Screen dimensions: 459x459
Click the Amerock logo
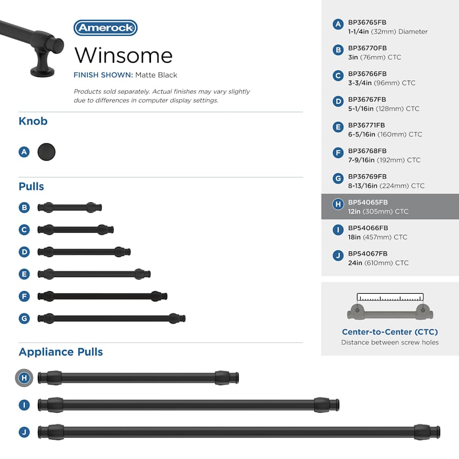pos(105,28)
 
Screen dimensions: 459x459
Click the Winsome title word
pos(123,55)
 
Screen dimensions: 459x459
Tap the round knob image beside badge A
pos(46,151)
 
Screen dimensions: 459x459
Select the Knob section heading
pos(33,121)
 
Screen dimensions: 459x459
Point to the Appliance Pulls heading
pos(61,352)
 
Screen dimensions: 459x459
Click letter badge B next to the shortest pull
pos(24,208)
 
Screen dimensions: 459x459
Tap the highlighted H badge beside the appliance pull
pos(24,378)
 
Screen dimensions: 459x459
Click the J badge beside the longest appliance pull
pos(24,432)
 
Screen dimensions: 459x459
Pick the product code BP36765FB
pos(367,23)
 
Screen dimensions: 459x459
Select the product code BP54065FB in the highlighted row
pos(368,202)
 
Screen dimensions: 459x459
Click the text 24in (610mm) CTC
pos(378,263)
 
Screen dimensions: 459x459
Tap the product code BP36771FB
pos(367,125)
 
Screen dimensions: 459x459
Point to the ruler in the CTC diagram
pos(390,297)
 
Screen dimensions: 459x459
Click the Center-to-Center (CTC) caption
pos(390,332)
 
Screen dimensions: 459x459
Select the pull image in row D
pos(84,251)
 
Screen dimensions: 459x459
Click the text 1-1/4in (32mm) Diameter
pos(388,32)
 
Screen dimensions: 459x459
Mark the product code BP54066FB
pos(368,228)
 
